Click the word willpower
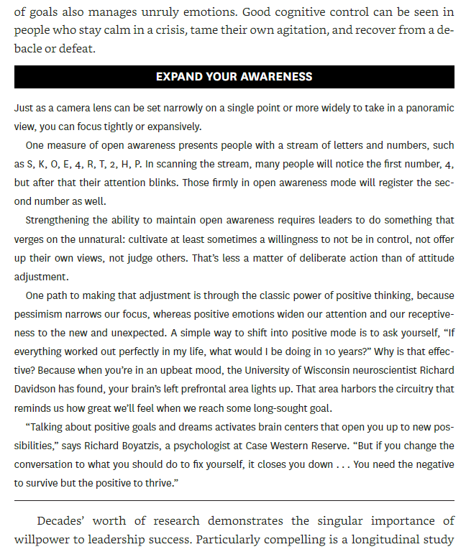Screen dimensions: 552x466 coord(40,538)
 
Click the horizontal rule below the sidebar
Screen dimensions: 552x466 coord(234,500)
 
